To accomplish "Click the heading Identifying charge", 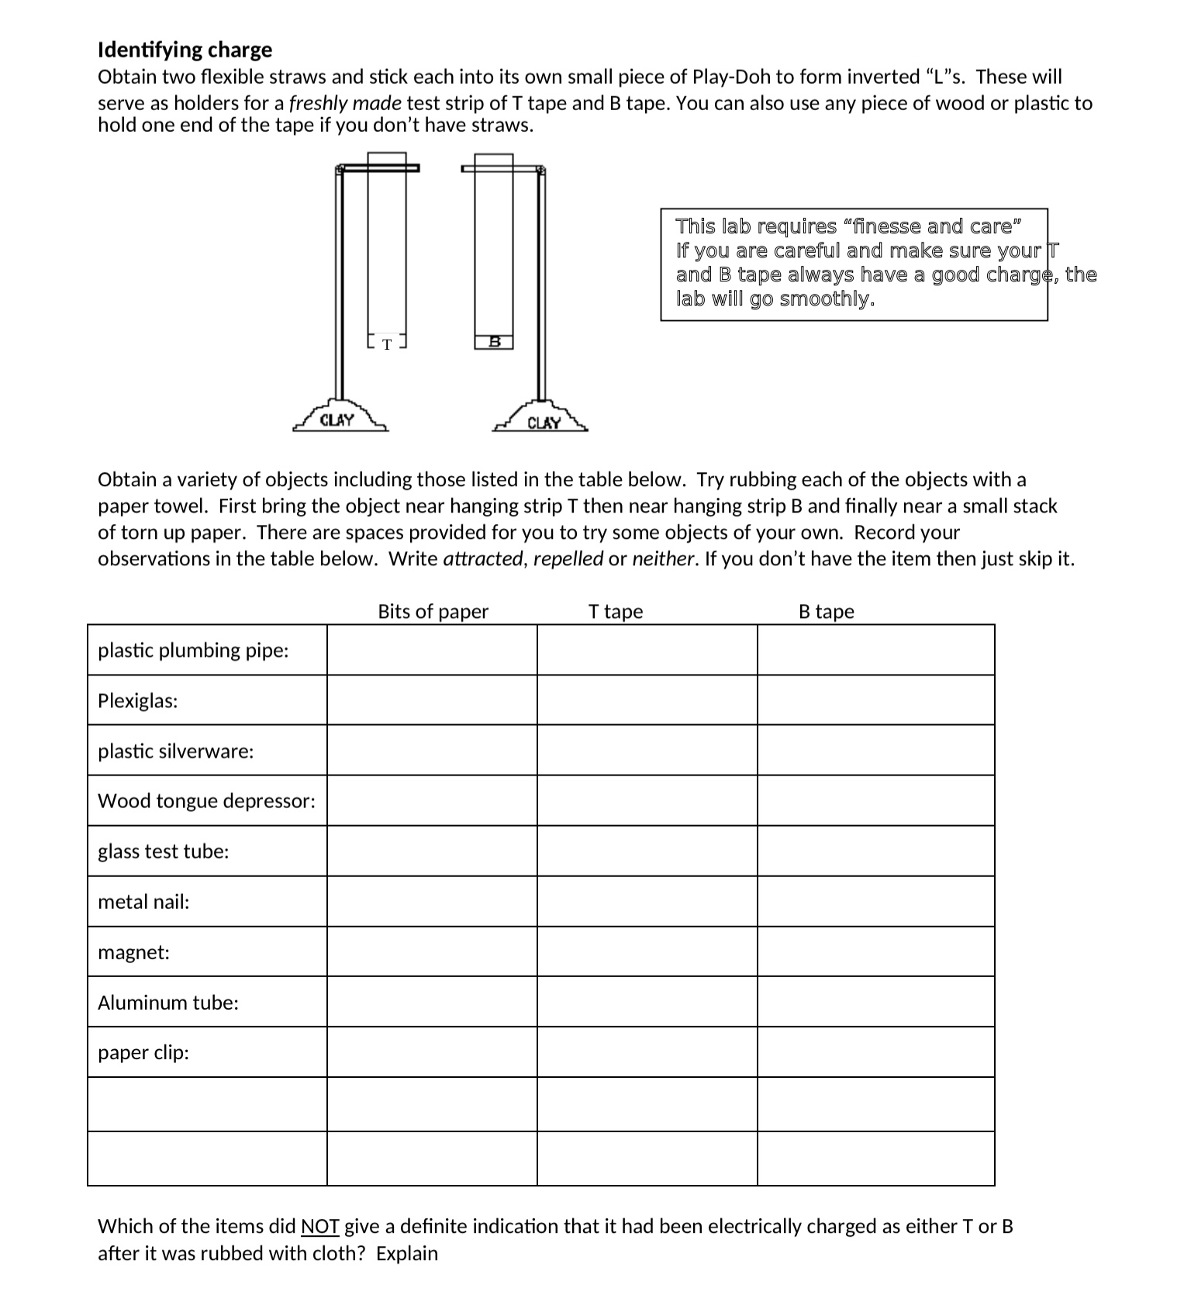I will (x=185, y=50).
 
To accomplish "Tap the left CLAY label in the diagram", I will (x=337, y=420).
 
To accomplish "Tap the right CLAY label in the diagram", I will (x=544, y=423).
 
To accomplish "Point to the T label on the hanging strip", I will (x=387, y=344).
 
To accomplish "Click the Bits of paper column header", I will (x=433, y=612).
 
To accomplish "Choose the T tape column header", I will (x=616, y=612).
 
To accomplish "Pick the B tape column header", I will (x=827, y=612).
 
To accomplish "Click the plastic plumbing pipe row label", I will (x=193, y=651).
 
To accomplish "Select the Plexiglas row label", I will (x=137, y=701).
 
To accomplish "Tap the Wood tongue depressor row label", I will (x=206, y=801).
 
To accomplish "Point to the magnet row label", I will (x=133, y=952).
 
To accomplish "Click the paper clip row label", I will (x=143, y=1052).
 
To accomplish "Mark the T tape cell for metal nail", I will (x=647, y=902).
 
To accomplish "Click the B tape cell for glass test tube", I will (x=875, y=851).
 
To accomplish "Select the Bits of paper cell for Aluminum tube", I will (x=432, y=1002).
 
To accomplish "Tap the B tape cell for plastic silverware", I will (x=875, y=751).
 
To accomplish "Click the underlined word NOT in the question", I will (x=319, y=1227).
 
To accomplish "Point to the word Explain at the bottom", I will (x=407, y=1254).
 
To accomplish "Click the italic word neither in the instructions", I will (x=661, y=559).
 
